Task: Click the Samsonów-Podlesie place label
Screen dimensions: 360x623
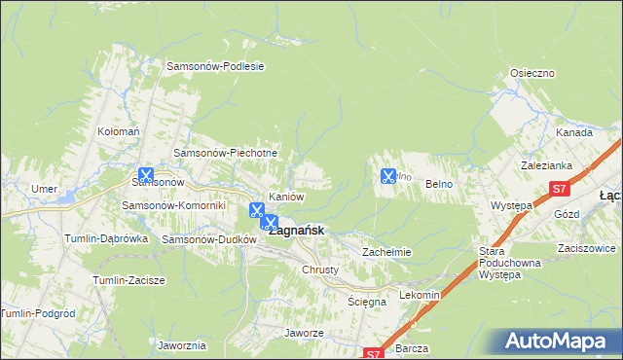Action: click(x=216, y=66)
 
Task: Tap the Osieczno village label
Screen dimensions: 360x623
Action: click(x=532, y=73)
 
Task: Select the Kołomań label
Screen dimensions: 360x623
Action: click(x=120, y=130)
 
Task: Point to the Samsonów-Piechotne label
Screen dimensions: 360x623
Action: click(x=226, y=153)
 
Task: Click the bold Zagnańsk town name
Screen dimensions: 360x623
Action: click(x=297, y=231)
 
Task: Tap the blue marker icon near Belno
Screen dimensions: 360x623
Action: click(x=387, y=176)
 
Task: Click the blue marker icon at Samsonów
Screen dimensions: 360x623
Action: click(x=146, y=176)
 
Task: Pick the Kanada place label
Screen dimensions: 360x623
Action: click(x=574, y=132)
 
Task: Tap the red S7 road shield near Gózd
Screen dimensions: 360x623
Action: click(x=558, y=189)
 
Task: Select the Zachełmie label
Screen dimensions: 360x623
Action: click(x=387, y=252)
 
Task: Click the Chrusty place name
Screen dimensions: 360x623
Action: click(x=320, y=270)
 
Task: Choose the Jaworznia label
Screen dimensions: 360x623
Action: click(x=181, y=345)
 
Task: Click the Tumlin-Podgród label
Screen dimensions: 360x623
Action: click(x=35, y=312)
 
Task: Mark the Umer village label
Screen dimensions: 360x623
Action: click(x=42, y=189)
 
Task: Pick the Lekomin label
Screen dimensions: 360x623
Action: click(x=421, y=295)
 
